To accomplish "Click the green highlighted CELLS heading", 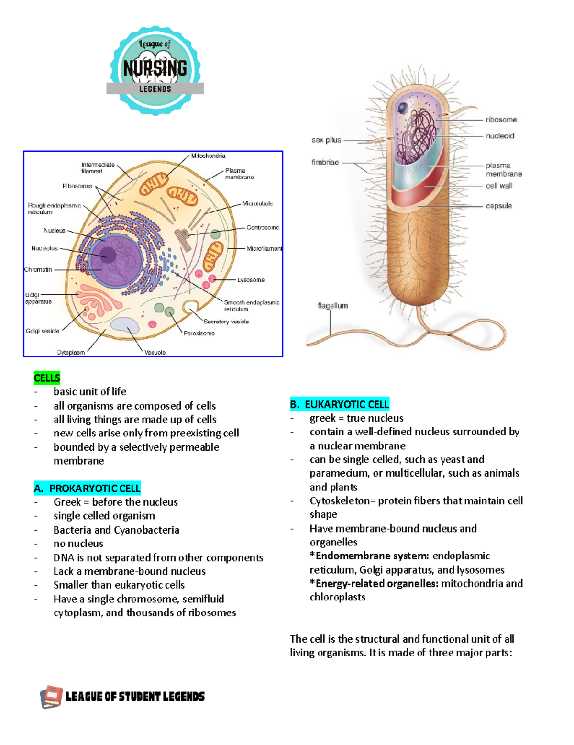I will click(47, 378).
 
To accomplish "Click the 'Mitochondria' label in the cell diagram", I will click(208, 156).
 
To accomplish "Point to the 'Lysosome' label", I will click(251, 280).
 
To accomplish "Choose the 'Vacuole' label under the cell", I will click(155, 352).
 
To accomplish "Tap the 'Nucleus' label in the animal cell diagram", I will click(55, 230).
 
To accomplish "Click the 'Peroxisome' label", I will click(199, 333).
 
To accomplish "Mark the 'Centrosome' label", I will click(263, 228).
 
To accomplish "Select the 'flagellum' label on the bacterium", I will click(333, 306).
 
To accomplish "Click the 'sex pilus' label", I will click(326, 140).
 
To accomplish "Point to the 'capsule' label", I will click(499, 206).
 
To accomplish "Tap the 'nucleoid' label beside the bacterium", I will click(500, 136).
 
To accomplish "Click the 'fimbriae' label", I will click(325, 162).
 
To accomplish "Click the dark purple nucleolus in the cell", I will click(108, 255).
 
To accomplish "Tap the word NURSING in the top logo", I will click(155, 68).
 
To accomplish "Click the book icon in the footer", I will click(51, 697).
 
